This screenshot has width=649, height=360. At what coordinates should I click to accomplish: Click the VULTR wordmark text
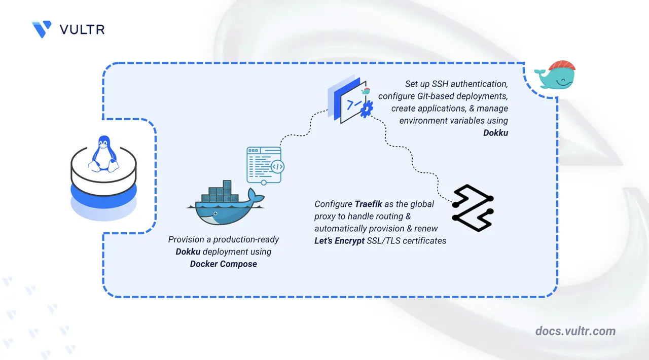pyautogui.click(x=82, y=29)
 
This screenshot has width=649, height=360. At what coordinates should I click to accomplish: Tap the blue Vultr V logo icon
pyautogui.click(x=42, y=29)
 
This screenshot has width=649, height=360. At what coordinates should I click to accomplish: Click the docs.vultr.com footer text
pyautogui.click(x=575, y=331)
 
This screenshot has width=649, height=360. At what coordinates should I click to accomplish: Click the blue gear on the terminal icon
pyautogui.click(x=367, y=109)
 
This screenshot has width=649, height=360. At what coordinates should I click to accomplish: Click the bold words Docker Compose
pyautogui.click(x=224, y=264)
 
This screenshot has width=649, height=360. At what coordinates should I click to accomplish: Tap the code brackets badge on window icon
pyautogui.click(x=277, y=166)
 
